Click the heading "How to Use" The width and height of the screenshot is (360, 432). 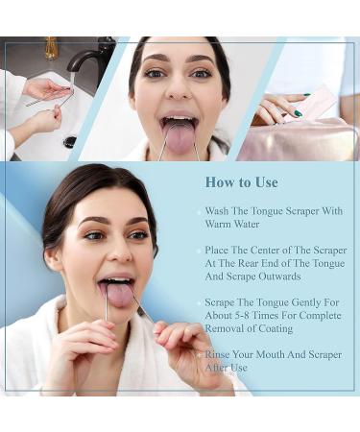(241, 181)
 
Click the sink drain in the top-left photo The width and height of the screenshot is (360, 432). (70, 141)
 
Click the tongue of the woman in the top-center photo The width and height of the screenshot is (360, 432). (180, 134)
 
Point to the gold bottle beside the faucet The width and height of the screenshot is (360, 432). (50, 47)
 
